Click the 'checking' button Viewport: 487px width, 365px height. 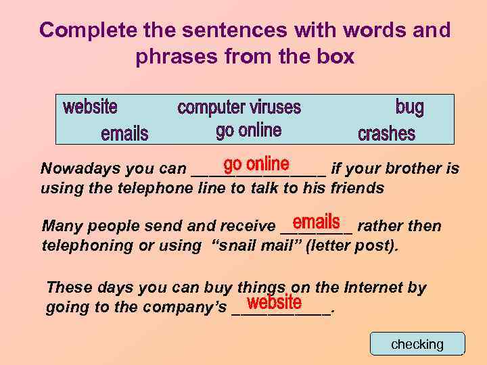(x=417, y=344)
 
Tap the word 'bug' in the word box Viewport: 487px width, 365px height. (x=409, y=107)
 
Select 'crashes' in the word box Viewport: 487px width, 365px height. (x=386, y=133)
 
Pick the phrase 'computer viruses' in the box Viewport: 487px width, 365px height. (x=239, y=107)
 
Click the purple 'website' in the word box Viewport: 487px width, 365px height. (x=90, y=107)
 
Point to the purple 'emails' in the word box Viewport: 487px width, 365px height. (x=124, y=133)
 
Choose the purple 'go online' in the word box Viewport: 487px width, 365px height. (x=248, y=130)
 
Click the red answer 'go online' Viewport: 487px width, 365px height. (x=256, y=164)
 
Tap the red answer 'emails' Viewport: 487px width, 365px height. (x=316, y=222)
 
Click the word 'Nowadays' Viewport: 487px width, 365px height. (x=74, y=168)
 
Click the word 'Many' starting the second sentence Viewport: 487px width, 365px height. (x=59, y=226)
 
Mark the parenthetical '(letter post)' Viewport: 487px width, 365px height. (x=352, y=245)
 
